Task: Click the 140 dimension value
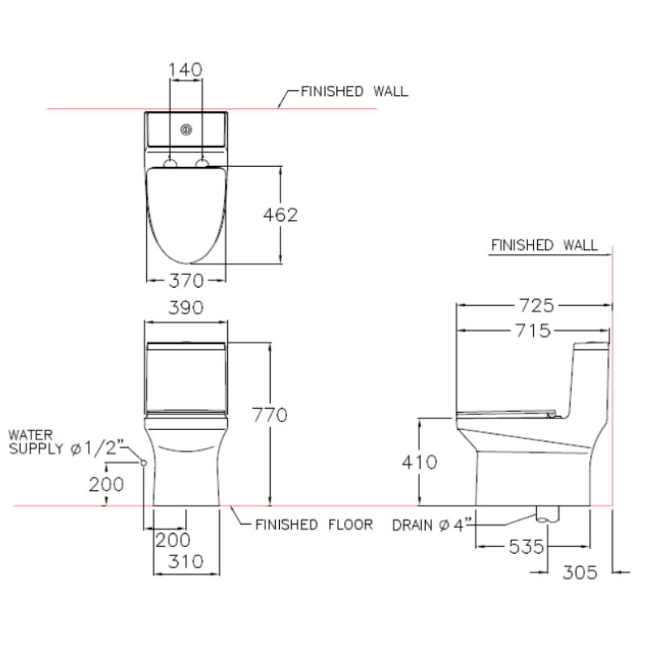pyautogui.click(x=185, y=69)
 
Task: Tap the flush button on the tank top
pyautogui.click(x=186, y=130)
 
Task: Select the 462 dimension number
pyautogui.click(x=281, y=214)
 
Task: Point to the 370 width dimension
pyautogui.click(x=186, y=281)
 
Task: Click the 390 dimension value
pyautogui.click(x=186, y=308)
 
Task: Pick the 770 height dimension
pyautogui.click(x=270, y=414)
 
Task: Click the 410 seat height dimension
pyautogui.click(x=419, y=462)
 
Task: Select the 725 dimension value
pyautogui.click(x=536, y=306)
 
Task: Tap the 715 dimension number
pyautogui.click(x=533, y=331)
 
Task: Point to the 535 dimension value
pyautogui.click(x=526, y=547)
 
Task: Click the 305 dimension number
pyautogui.click(x=580, y=572)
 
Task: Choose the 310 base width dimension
pyautogui.click(x=186, y=561)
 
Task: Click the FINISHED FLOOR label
pyautogui.click(x=314, y=525)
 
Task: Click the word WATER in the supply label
pyautogui.click(x=31, y=435)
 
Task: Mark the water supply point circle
pyautogui.click(x=144, y=463)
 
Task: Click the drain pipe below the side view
pyautogui.click(x=548, y=514)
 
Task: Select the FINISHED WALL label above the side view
pyautogui.click(x=544, y=245)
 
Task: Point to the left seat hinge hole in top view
pyautogui.click(x=170, y=164)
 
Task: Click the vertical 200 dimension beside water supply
pyautogui.click(x=106, y=485)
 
